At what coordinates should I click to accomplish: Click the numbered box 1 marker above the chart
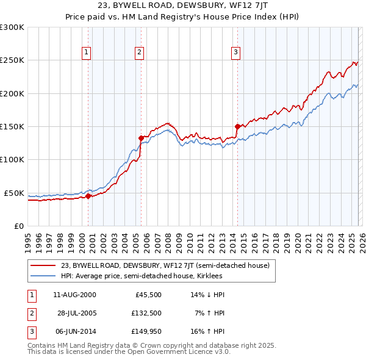[87, 53]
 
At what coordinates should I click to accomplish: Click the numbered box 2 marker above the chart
[140, 53]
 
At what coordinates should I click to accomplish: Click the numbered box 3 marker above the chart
[235, 53]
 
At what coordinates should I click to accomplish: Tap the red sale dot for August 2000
[88, 196]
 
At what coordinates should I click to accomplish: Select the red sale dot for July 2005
[141, 138]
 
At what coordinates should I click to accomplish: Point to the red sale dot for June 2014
[237, 126]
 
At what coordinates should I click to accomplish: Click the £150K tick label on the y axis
[12, 126]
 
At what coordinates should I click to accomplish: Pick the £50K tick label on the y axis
[14, 193]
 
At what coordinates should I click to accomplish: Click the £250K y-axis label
[12, 60]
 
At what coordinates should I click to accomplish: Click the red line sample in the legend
[43, 265]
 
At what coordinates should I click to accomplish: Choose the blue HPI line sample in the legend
[43, 276]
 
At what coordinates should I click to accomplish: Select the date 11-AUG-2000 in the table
[74, 295]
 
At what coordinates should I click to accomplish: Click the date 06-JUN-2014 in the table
[74, 331]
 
